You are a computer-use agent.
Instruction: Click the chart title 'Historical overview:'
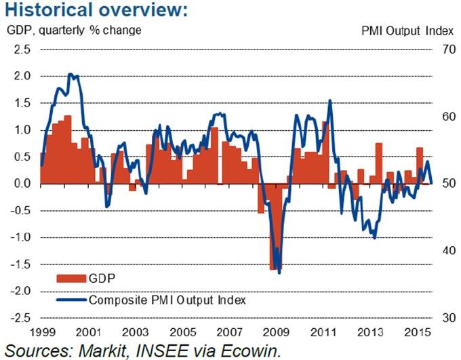point(95,12)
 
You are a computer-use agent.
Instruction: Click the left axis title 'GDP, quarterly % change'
point(74,31)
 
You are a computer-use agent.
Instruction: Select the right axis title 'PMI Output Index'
point(401,31)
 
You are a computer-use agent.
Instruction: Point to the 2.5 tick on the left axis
point(22,49)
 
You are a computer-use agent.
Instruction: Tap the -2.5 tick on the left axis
point(20,317)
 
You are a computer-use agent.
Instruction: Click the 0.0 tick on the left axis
point(22,184)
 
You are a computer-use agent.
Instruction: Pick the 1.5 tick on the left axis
point(22,103)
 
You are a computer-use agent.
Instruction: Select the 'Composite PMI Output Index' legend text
point(167,298)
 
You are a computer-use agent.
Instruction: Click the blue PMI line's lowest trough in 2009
point(279,273)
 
